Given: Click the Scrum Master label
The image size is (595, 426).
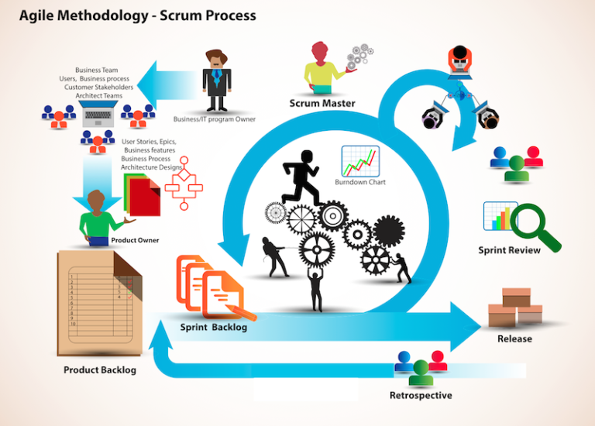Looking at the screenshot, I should (x=322, y=103).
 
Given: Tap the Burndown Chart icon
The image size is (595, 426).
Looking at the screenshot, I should (x=359, y=160).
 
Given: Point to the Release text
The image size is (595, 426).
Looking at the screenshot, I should (x=514, y=338).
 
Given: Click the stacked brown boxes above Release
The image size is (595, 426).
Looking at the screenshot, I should (x=515, y=307).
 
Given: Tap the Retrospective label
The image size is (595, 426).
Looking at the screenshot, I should (x=421, y=396).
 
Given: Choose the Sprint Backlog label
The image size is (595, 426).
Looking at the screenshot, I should (x=214, y=327).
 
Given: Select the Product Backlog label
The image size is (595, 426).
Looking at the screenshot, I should (x=100, y=369).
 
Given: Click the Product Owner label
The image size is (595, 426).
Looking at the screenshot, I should (x=135, y=240).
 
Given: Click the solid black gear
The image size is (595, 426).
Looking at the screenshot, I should (x=389, y=230).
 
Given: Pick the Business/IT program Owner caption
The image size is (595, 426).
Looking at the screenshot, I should (x=214, y=119).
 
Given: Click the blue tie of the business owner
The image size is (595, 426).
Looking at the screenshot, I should (x=217, y=78).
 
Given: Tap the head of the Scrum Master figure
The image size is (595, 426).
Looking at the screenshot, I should (x=321, y=51).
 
